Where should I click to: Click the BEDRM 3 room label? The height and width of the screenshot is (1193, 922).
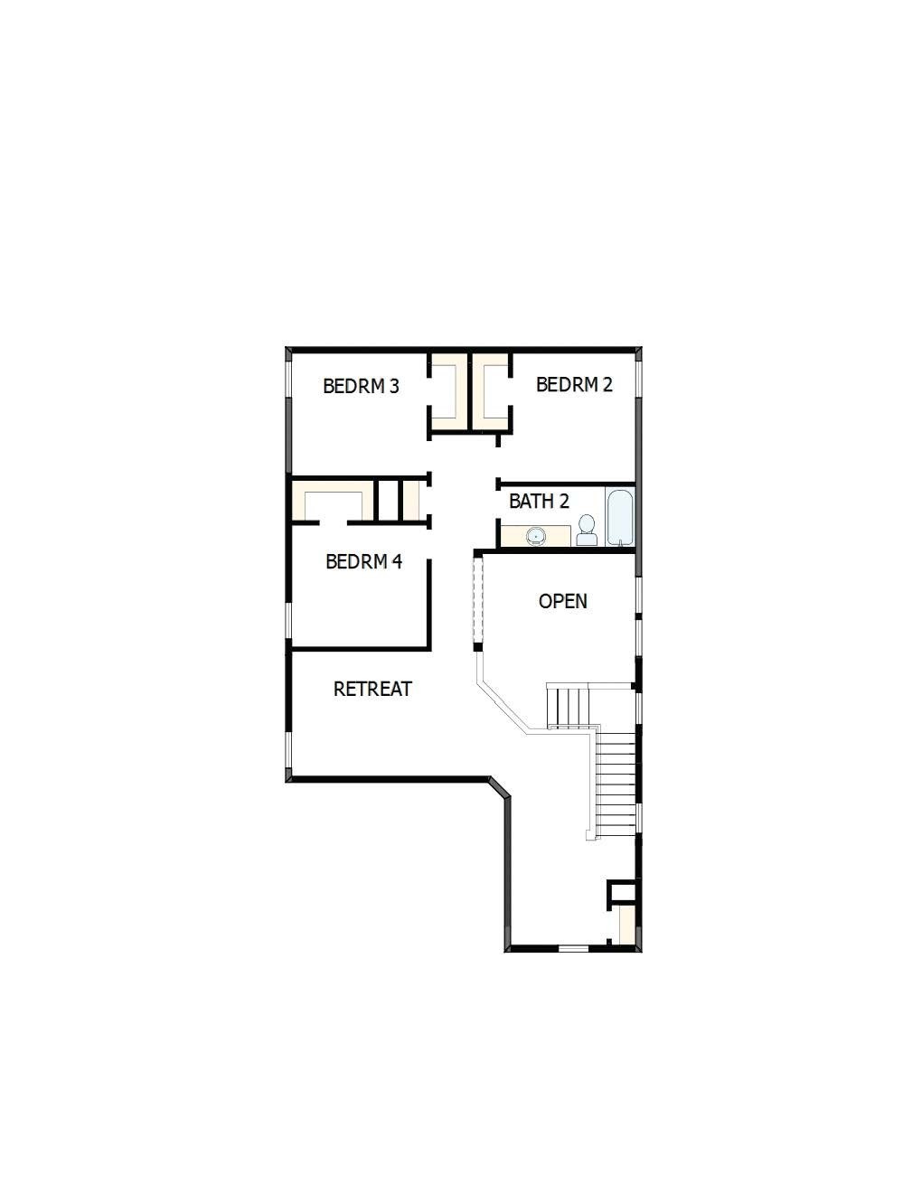pos(361,387)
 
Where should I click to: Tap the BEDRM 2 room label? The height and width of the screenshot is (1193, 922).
pos(574,385)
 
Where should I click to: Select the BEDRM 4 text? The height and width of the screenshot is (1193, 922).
pos(363,562)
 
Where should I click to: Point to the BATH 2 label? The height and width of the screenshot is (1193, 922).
pos(539,502)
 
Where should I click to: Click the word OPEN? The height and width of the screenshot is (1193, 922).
pos(562,602)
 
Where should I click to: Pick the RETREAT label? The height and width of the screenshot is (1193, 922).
pos(372,690)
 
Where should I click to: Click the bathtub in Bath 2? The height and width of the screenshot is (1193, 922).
pos(621,517)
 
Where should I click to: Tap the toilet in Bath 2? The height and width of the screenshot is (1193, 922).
pos(587,530)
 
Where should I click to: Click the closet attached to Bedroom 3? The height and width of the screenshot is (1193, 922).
pos(448,390)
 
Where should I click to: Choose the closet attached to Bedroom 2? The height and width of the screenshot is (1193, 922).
pos(491,390)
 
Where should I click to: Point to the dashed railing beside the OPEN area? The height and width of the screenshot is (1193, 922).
pos(479,600)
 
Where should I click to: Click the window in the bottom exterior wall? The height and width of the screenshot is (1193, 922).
pos(573,947)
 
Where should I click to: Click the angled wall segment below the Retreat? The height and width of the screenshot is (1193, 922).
pos(500,786)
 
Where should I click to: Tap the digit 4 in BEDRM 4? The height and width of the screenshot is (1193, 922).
pos(397,562)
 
